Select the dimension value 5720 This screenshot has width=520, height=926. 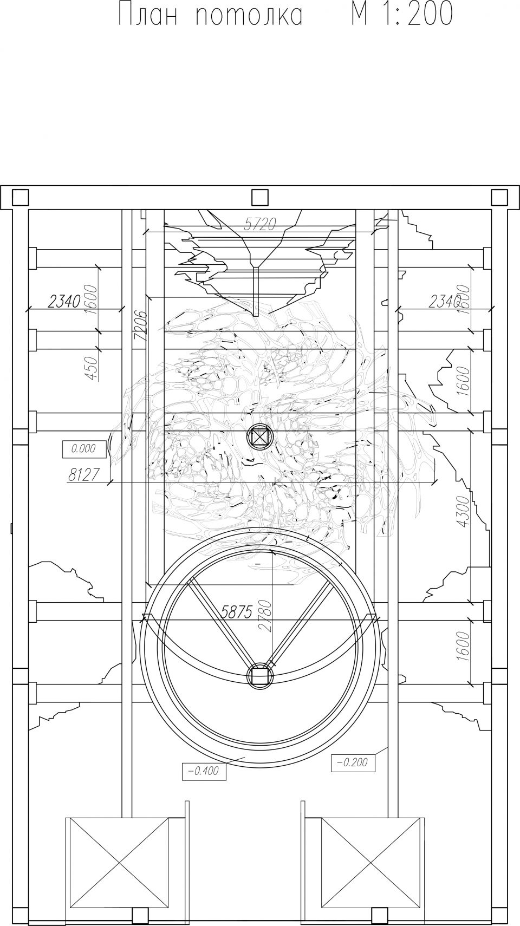tap(259, 225)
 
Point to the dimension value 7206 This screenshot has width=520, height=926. tap(140, 325)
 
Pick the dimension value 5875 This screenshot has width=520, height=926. tap(236, 611)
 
